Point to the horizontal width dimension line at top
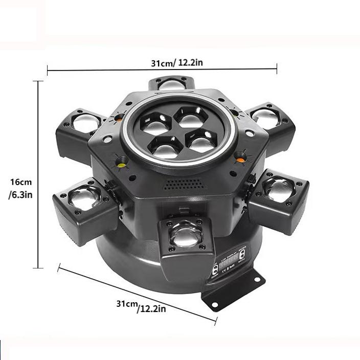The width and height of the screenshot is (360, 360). coord(162,69)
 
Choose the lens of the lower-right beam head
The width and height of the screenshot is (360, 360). coord(280,190)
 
